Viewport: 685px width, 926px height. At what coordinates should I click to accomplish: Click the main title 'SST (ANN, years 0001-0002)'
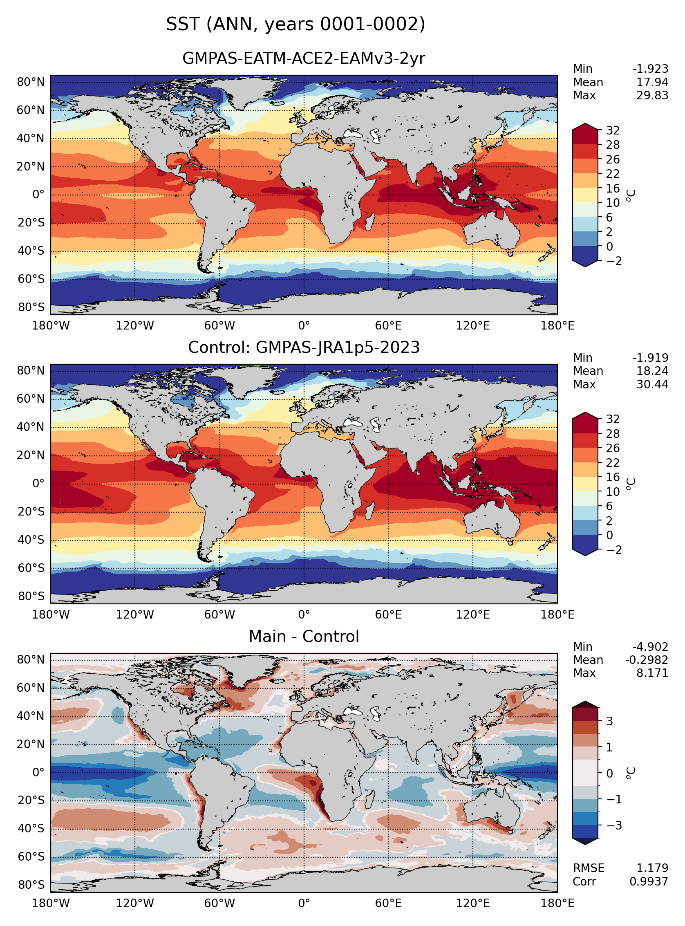click(295, 25)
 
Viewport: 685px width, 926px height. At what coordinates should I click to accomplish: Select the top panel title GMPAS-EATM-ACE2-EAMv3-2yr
click(304, 58)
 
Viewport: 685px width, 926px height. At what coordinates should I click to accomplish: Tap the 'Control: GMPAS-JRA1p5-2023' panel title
click(304, 347)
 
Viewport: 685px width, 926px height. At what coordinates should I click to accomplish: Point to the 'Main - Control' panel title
click(304, 636)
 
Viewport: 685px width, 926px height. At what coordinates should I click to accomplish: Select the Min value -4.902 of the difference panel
click(650, 647)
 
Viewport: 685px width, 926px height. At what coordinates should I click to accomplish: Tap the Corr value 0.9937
click(649, 881)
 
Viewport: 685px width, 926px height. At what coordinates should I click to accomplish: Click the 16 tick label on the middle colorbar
click(613, 477)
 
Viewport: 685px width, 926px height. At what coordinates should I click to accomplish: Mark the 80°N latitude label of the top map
click(31, 82)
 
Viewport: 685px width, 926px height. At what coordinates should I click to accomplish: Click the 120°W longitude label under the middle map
click(135, 614)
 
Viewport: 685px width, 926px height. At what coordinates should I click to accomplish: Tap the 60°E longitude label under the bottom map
click(388, 903)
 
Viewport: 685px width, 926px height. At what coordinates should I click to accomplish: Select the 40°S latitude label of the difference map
click(31, 828)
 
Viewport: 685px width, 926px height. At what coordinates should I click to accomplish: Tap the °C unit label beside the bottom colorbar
click(631, 773)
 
